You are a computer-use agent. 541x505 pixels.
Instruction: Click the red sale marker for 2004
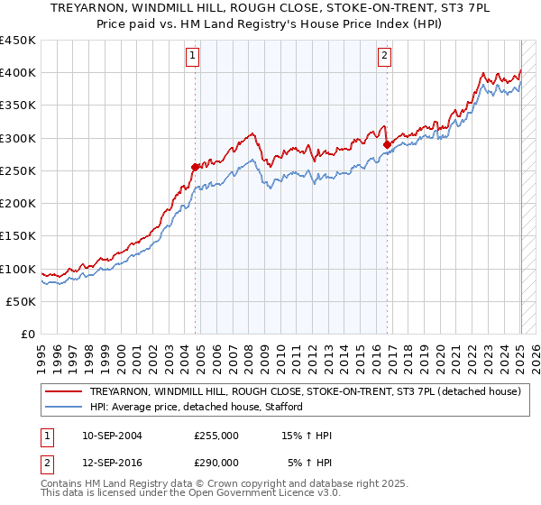tap(195, 167)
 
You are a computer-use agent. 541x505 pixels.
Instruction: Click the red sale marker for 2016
tap(387, 144)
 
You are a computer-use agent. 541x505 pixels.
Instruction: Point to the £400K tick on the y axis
tap(18, 73)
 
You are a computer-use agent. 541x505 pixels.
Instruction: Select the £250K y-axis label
tap(18, 170)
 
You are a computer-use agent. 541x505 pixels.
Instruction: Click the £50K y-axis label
tap(22, 301)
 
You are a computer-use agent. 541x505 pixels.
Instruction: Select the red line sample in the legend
tap(63, 392)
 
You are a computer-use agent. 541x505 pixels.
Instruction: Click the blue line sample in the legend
tap(63, 408)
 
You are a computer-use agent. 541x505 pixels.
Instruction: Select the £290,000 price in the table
tap(215, 463)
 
